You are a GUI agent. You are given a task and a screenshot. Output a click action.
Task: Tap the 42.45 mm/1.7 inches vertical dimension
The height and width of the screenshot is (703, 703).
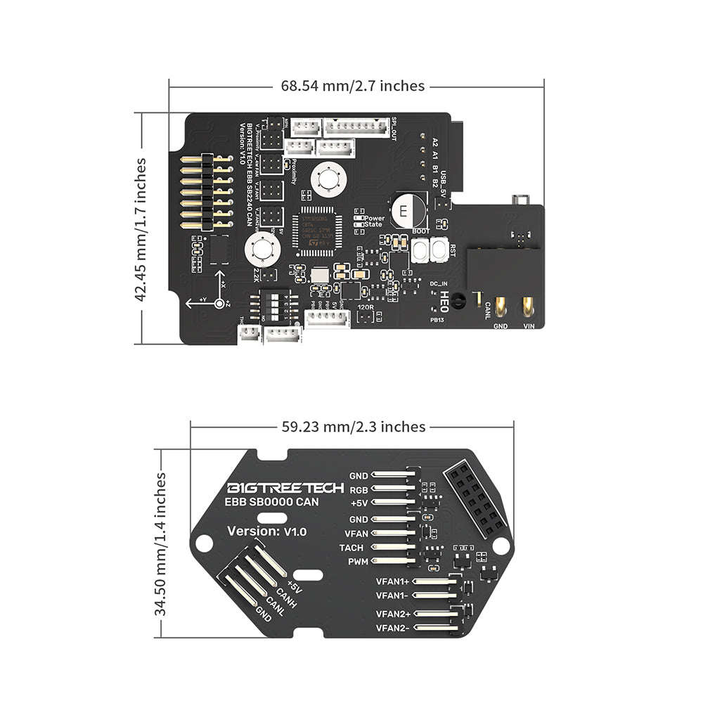click(x=142, y=229)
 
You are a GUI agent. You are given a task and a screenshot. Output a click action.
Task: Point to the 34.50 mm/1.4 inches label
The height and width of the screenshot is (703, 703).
click(x=161, y=544)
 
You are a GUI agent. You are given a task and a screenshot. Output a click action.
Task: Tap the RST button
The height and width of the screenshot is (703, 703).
click(x=441, y=249)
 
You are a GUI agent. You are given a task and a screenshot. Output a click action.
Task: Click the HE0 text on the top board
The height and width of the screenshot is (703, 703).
click(x=444, y=302)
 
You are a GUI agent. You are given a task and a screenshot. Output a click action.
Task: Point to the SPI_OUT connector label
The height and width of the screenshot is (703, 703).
click(x=394, y=129)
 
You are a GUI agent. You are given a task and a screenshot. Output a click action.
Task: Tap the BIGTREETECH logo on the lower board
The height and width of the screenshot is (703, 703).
click(x=285, y=488)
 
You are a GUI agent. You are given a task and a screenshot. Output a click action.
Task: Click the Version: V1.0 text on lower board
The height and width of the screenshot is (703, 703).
click(x=266, y=531)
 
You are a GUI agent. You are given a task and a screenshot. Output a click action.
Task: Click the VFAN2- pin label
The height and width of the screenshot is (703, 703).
click(x=393, y=628)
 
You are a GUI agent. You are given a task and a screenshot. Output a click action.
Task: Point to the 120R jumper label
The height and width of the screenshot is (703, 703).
click(x=365, y=308)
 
